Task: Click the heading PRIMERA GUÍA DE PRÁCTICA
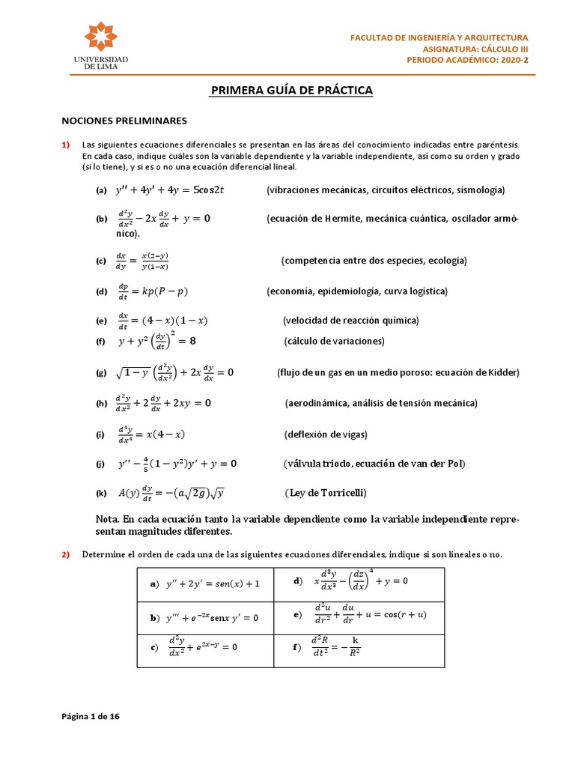291,91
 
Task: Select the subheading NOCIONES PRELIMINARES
124,120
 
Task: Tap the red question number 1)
65,145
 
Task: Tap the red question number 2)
65,554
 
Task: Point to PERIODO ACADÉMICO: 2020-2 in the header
467,60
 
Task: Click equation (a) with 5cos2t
169,190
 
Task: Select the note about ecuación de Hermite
392,219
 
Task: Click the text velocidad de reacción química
350,321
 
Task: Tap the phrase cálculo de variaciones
334,342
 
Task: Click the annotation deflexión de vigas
326,434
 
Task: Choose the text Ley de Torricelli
326,493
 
